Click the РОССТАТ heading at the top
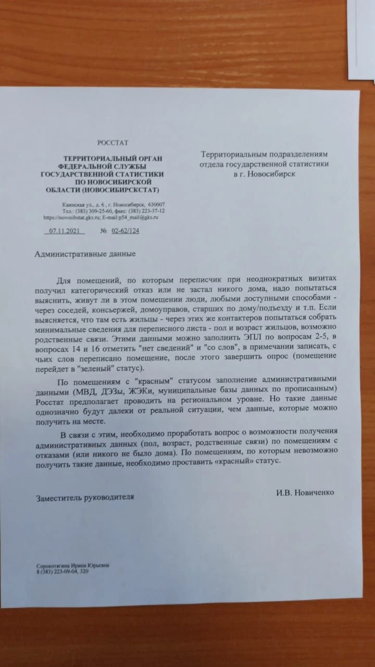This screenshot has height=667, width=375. (x=113, y=142)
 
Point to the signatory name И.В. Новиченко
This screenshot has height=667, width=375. (x=305, y=492)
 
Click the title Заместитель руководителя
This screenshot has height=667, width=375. (x=85, y=497)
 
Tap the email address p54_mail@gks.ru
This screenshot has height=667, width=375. (x=141, y=217)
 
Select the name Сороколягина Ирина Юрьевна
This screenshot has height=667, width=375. (x=73, y=565)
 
